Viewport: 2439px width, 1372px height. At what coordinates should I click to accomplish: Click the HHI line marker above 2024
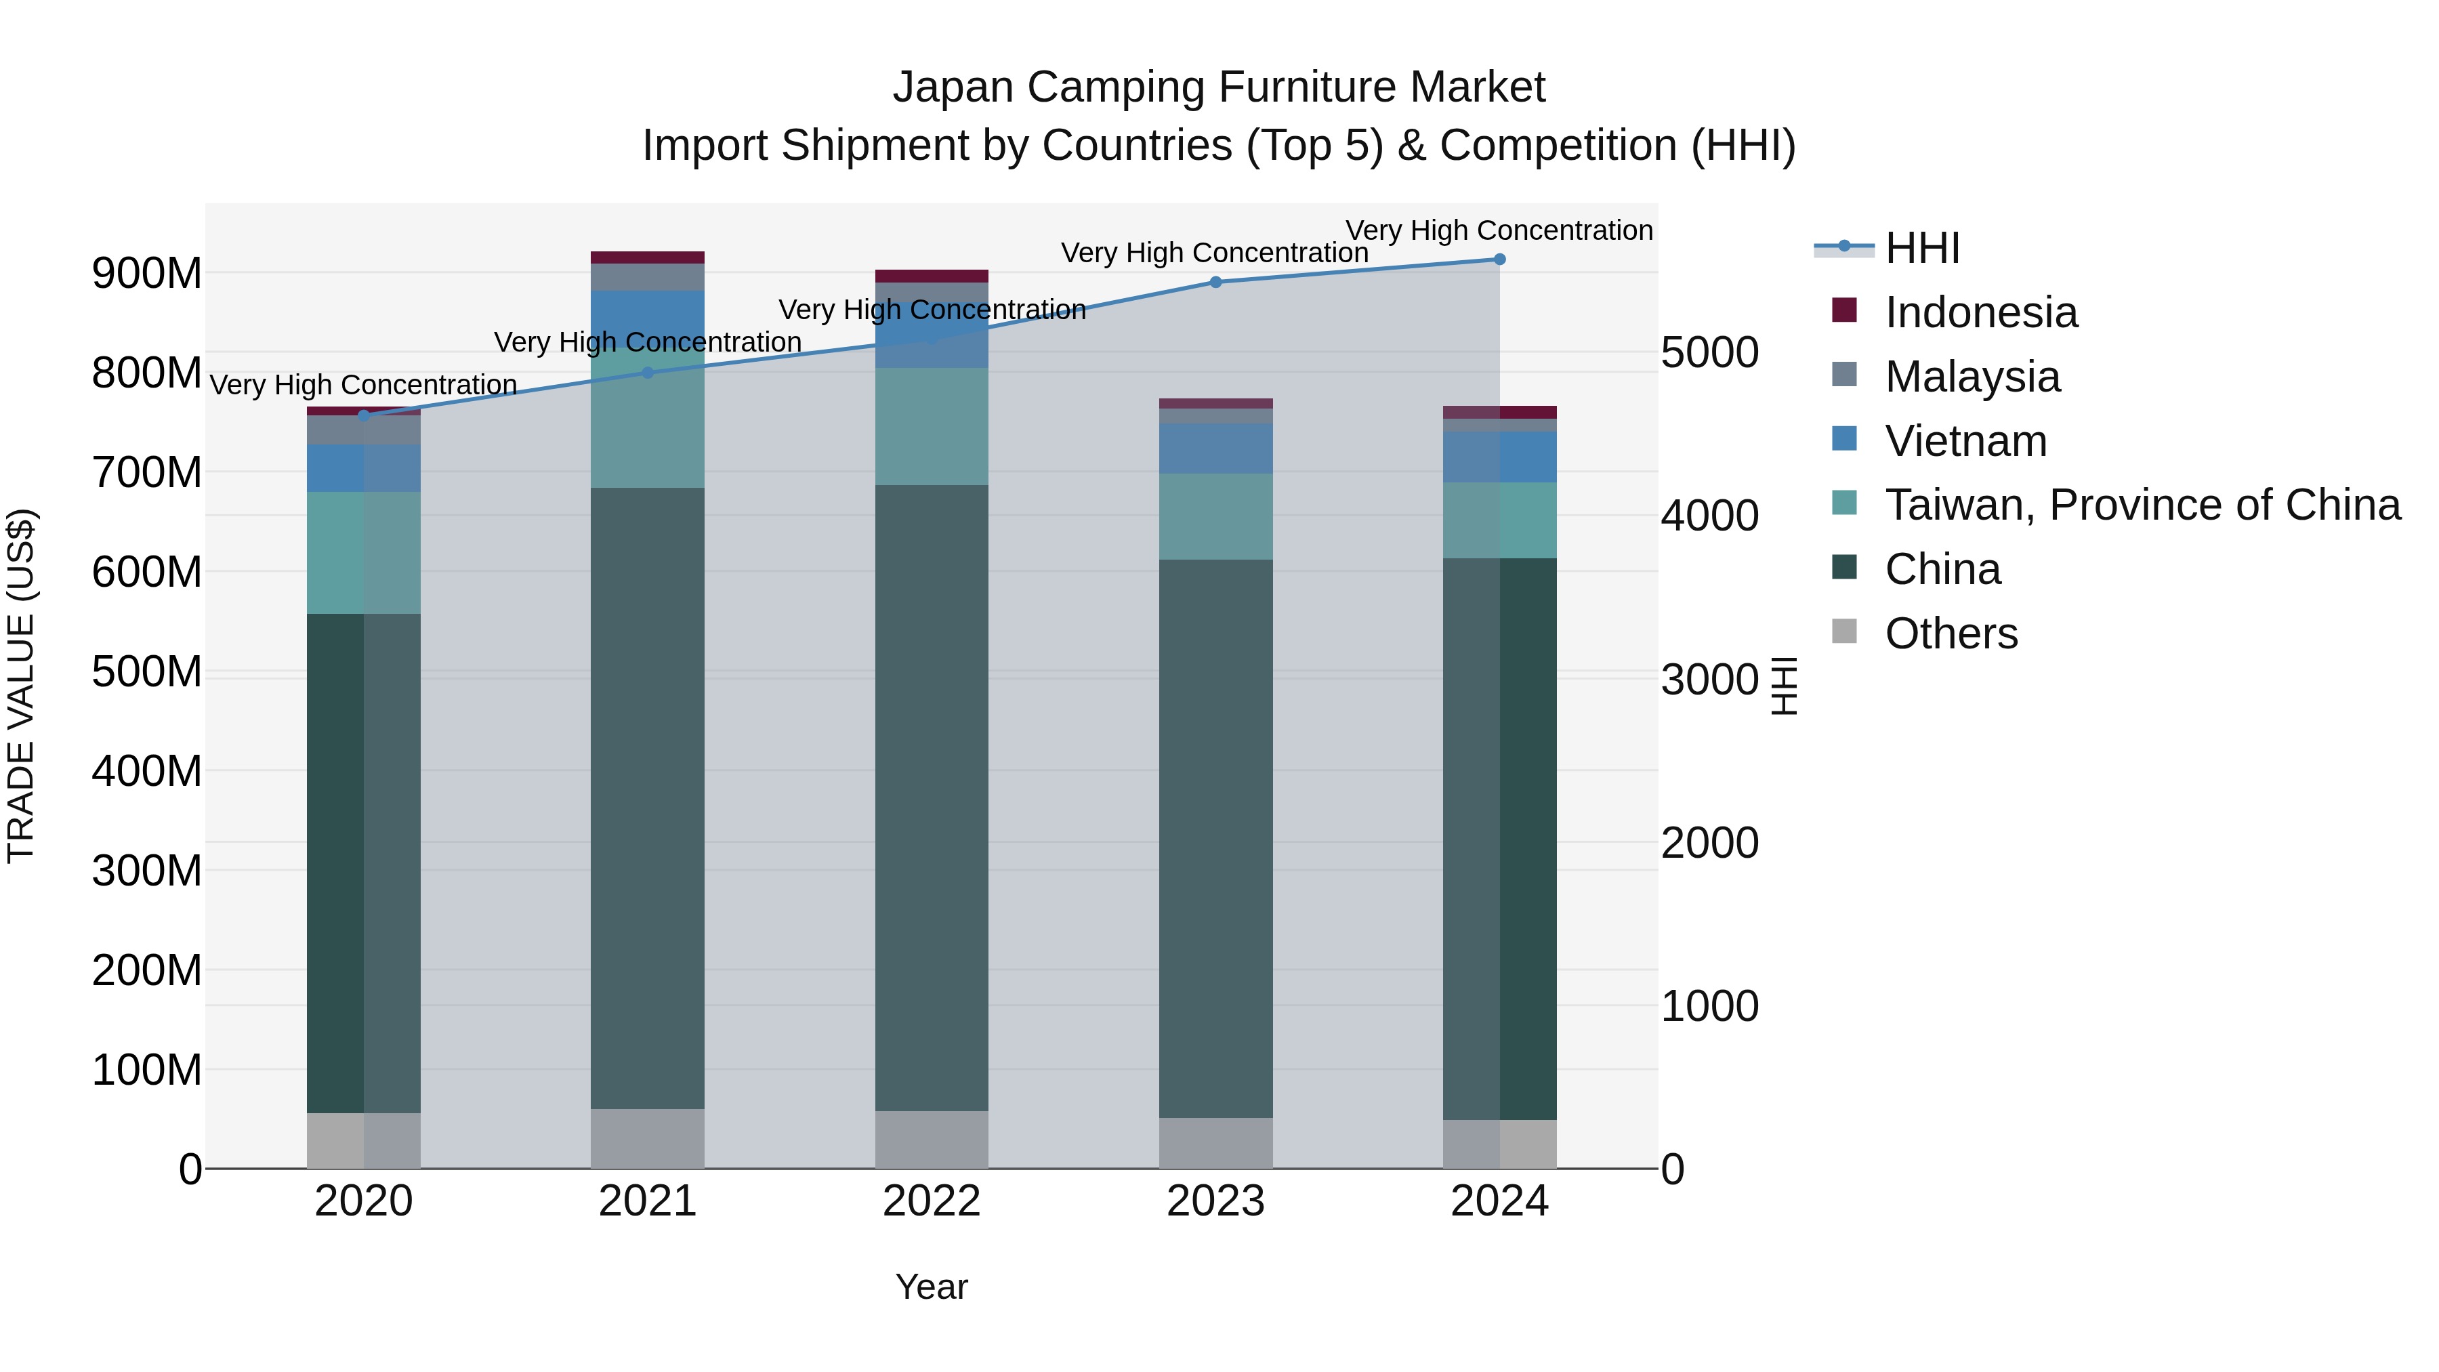point(1499,259)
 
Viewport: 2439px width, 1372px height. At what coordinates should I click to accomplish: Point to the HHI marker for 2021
point(648,373)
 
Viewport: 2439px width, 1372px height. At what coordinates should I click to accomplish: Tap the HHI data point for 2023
point(1215,282)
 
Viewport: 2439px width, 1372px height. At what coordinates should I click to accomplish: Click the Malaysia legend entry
point(1972,377)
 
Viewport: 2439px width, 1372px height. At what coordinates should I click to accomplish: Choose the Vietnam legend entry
point(1965,441)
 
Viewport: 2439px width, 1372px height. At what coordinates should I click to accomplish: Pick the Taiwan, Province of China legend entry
point(2142,505)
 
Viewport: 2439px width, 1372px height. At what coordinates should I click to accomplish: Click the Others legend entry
point(1951,633)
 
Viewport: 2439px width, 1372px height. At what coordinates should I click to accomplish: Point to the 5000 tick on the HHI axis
point(1710,352)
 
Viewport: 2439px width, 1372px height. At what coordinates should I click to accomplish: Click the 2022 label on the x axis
point(932,1201)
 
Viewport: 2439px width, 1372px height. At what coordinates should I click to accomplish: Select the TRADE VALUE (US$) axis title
point(21,686)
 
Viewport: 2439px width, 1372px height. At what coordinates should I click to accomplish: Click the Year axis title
point(932,1287)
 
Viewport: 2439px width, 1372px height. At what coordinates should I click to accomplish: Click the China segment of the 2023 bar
point(1215,838)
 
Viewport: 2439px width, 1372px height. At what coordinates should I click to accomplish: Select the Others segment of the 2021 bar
point(648,1138)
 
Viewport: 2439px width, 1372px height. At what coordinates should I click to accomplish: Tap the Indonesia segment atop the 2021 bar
point(648,257)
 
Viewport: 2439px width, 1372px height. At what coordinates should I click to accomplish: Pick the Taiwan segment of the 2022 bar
point(932,426)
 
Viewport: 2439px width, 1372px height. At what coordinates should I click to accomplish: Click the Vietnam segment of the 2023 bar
point(1215,448)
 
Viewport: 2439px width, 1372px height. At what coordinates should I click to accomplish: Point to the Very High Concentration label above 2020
point(364,386)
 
